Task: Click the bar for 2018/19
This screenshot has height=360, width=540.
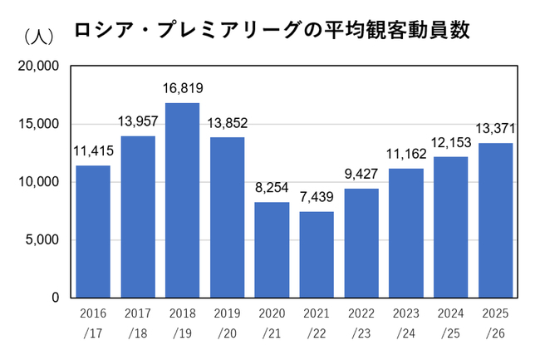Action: click(183, 200)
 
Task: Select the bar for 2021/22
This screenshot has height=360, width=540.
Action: click(317, 254)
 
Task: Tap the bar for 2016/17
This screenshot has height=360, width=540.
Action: click(93, 231)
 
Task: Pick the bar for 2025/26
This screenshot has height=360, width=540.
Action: click(496, 220)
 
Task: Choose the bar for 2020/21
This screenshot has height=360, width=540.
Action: click(272, 249)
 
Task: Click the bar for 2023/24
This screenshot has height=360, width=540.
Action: click(406, 234)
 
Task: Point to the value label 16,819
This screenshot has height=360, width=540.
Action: click(183, 88)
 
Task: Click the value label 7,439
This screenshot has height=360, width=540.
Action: click(317, 197)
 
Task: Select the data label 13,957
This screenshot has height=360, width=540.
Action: click(138, 121)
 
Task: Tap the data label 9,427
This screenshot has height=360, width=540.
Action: click(361, 174)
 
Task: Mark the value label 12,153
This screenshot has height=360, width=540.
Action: click(451, 142)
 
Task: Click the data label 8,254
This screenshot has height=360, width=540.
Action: click(272, 188)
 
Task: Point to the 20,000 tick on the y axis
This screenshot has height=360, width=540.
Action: click(38, 66)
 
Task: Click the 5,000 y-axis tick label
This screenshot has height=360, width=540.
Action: click(42, 239)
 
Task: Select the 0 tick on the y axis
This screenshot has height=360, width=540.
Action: click(56, 298)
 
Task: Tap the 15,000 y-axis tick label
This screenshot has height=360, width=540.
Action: click(38, 124)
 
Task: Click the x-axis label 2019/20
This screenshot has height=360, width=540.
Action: click(228, 323)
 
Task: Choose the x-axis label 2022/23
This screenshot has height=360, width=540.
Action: click(361, 323)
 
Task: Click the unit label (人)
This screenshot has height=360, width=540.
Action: click(39, 37)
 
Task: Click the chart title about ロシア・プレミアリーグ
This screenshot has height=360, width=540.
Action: click(272, 30)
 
